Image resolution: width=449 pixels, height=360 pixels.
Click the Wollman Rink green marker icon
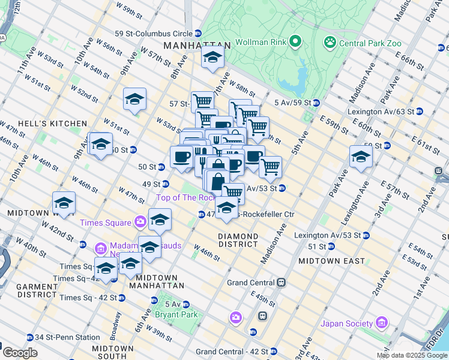pyautogui.click(x=295, y=42)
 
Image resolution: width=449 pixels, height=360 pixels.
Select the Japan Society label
pyautogui.click(x=346, y=323)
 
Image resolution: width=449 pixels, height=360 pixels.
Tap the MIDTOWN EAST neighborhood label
pyautogui.click(x=331, y=261)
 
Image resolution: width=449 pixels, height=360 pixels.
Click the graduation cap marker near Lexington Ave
pyautogui.click(x=361, y=157)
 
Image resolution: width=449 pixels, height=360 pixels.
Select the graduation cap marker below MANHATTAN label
pyautogui.click(x=212, y=57)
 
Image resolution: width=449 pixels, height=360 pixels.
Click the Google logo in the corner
pyautogui.click(x=20, y=353)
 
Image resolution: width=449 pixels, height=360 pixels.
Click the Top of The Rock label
pyautogui.click(x=185, y=197)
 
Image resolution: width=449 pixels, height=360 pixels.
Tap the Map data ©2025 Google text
pyautogui.click(x=411, y=355)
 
